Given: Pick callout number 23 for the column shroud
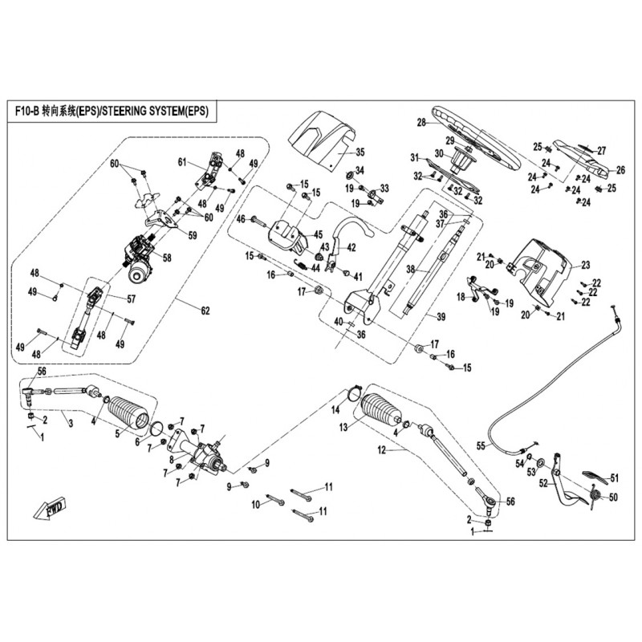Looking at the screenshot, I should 586,264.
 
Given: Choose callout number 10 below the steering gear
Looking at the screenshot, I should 256,505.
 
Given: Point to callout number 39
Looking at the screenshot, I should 441,318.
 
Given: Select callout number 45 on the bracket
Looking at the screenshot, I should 318,234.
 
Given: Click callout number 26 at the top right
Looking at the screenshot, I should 620,170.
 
